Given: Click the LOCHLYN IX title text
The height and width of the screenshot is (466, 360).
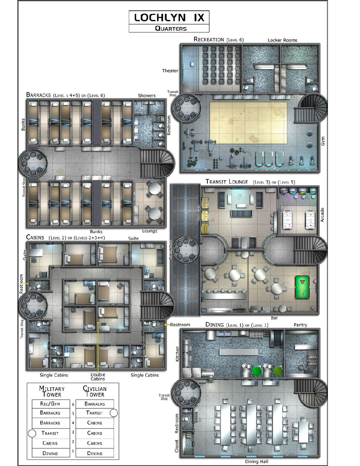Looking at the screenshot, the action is click(x=169, y=17).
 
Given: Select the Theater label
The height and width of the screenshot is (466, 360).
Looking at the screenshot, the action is click(x=170, y=70).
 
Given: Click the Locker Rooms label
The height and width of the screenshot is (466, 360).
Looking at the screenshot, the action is click(x=282, y=40).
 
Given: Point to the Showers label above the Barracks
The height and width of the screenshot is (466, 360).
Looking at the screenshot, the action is click(x=147, y=96).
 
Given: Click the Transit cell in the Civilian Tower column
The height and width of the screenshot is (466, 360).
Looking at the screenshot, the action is click(x=95, y=413).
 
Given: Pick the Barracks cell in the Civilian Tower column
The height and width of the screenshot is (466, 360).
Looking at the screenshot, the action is click(x=95, y=404).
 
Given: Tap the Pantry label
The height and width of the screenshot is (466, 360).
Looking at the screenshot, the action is click(x=301, y=325).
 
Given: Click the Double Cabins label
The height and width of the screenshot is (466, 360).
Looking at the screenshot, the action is click(x=98, y=377).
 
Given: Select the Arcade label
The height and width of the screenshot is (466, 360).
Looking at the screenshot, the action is click(x=322, y=215).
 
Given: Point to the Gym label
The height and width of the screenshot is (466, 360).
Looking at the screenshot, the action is click(x=323, y=141).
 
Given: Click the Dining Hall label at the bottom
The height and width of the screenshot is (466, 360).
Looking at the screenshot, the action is click(x=257, y=462).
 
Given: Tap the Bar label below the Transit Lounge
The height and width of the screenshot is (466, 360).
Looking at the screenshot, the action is click(x=274, y=318).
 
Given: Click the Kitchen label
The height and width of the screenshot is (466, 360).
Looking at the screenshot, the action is click(x=177, y=354).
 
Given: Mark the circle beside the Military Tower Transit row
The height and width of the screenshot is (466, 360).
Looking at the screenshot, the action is click(x=32, y=433).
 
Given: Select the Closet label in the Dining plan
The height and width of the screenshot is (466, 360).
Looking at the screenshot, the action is click(x=177, y=446).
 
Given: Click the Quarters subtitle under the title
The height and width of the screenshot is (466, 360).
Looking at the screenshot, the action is click(x=171, y=29).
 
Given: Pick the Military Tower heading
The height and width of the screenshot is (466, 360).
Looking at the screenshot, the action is click(x=52, y=392).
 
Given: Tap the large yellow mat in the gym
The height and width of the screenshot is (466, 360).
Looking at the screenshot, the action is click(x=248, y=123).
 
